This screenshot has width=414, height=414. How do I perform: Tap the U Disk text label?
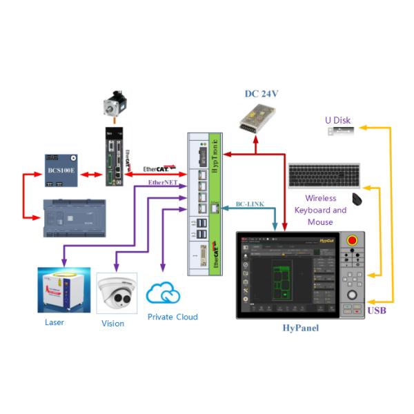[337, 120]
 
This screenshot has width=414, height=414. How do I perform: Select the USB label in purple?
[377, 310]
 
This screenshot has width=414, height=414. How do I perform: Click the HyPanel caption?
[301, 328]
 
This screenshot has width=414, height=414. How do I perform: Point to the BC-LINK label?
[249, 205]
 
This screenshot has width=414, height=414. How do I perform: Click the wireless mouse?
[357, 200]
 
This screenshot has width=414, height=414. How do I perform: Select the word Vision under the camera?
[112, 323]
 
